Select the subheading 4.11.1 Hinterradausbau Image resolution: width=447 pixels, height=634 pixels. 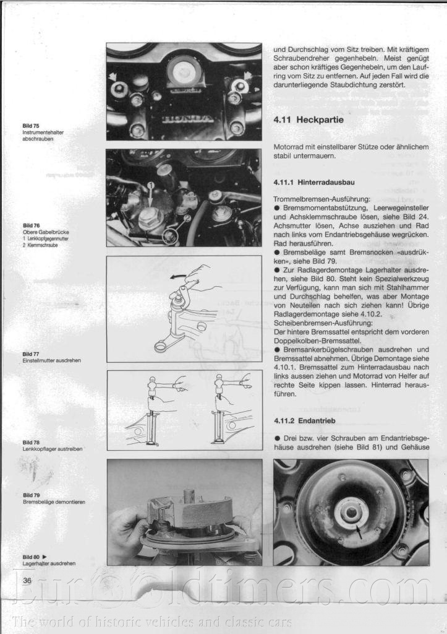coord(308,183)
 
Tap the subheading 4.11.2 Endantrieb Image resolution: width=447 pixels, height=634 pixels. coord(300,421)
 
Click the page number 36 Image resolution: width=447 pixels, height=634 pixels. coord(27,580)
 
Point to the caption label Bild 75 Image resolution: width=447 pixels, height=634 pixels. coord(31,126)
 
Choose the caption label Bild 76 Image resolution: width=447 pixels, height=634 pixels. coord(31,225)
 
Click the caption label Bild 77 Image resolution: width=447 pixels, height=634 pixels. coord(31,354)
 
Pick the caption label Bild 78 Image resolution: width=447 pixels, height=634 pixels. coord(31,442)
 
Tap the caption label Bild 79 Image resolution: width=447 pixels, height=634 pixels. coord(31,495)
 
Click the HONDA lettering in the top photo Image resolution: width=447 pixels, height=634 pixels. coord(184,118)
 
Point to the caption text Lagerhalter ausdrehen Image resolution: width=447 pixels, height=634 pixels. coord(49,564)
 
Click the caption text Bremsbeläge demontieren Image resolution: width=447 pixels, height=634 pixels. coord(54,502)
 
